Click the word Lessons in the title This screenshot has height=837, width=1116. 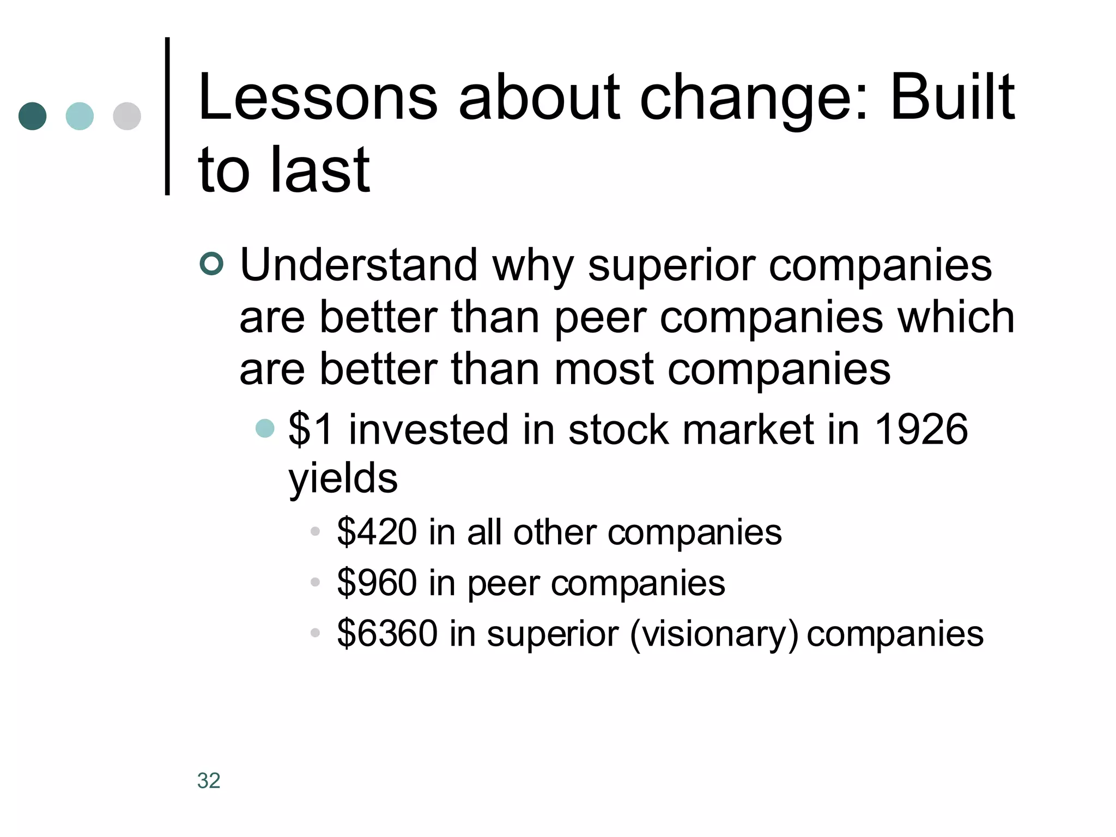(x=318, y=98)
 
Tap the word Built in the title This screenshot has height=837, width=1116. (x=952, y=98)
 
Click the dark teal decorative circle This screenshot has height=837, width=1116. (x=32, y=116)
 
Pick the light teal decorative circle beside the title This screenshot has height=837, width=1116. (x=80, y=116)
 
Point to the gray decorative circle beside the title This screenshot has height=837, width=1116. (x=127, y=116)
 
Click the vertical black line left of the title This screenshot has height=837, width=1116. (x=167, y=116)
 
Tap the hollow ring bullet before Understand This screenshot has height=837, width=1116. (x=211, y=264)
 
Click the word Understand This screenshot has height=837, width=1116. (x=359, y=265)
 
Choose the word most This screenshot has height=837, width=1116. (x=603, y=369)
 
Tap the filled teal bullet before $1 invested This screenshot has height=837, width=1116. (x=265, y=428)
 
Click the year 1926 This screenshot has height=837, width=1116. (x=920, y=429)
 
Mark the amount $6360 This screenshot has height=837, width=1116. (x=387, y=633)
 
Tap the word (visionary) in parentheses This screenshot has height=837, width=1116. (x=714, y=634)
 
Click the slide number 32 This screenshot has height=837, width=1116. (x=209, y=780)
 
